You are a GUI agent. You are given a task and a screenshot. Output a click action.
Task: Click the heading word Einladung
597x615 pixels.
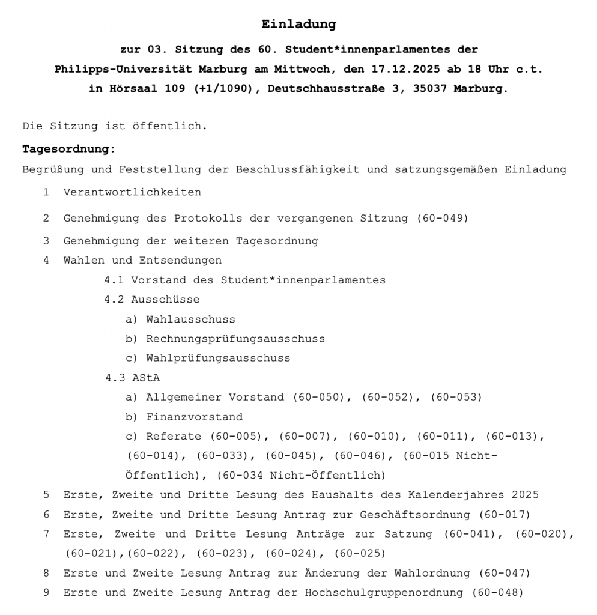tap(298, 25)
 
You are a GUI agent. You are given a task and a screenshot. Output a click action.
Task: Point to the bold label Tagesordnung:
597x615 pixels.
tap(68, 149)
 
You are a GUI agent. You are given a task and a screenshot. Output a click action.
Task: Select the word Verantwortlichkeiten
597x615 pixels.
tap(132, 192)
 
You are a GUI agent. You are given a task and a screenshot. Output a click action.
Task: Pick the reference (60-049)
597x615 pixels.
tap(442, 219)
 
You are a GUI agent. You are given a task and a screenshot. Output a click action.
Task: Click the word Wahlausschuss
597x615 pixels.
tap(190, 320)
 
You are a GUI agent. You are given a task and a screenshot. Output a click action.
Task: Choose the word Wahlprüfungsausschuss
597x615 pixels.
tap(218, 358)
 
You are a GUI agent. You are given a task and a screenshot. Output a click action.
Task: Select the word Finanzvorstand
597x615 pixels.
tap(194, 417)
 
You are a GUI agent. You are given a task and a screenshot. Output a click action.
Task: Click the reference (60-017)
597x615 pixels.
tap(505, 515)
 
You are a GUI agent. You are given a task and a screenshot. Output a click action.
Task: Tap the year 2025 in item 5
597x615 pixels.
tap(525, 495)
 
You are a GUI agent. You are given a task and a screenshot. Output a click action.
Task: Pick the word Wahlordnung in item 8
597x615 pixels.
tap(431, 573)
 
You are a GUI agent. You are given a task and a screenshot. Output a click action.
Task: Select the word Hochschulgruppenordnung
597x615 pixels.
tap(384, 593)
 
